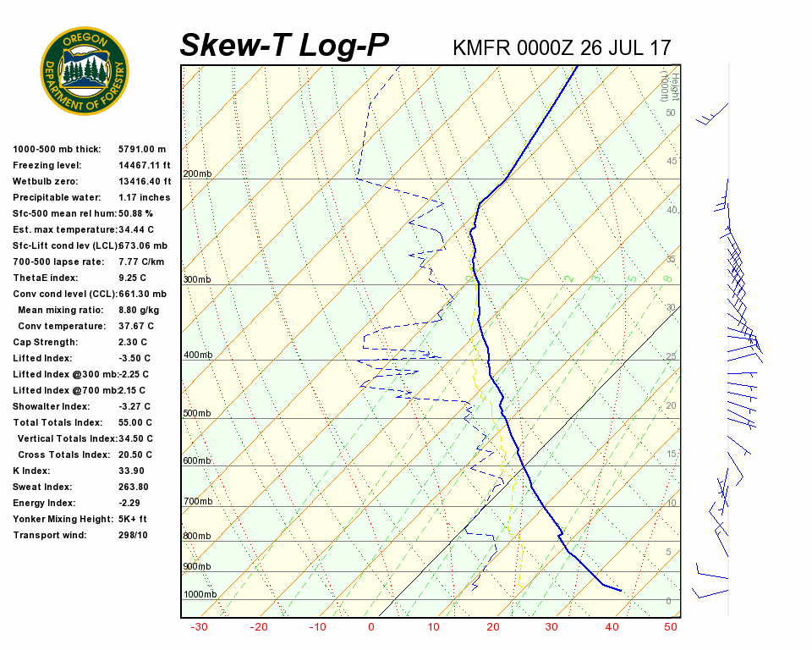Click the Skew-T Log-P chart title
[x=284, y=45]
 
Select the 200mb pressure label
[x=197, y=174]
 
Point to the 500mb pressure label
[x=197, y=414]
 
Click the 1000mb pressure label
[x=200, y=595]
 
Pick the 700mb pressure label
[x=197, y=502]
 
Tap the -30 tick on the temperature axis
[x=200, y=627]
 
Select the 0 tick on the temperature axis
[x=371, y=627]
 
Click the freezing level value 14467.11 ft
[x=145, y=165]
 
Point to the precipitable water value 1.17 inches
[x=144, y=197]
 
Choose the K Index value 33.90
[x=131, y=471]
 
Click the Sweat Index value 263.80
[x=134, y=487]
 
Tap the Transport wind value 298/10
[x=133, y=535]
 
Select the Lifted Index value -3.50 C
[x=135, y=358]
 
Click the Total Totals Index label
[x=58, y=422]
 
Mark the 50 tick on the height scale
[x=670, y=113]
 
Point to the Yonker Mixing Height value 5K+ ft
[x=133, y=519]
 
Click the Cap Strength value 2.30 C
[x=133, y=342]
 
